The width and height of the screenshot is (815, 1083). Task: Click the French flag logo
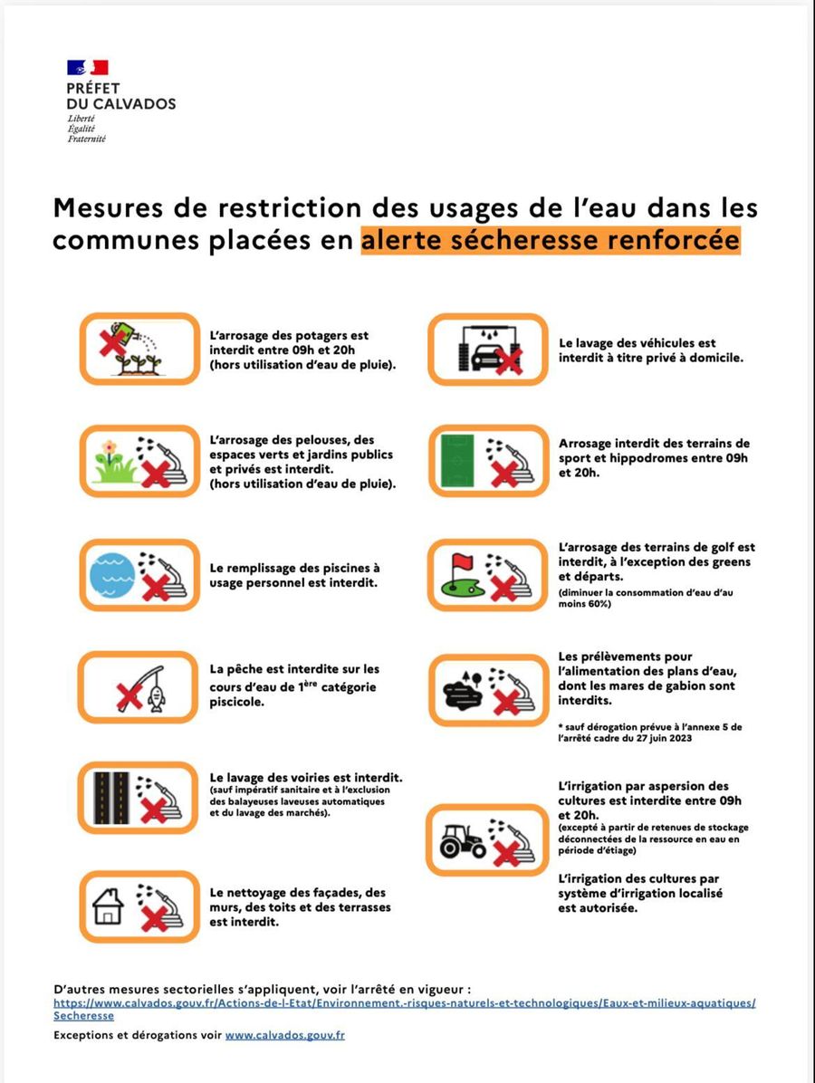(x=88, y=67)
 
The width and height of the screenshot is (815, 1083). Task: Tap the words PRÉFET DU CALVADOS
(x=120, y=96)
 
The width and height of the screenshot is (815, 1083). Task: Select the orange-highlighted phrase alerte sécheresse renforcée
(x=551, y=240)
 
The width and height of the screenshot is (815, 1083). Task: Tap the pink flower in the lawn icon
(x=110, y=448)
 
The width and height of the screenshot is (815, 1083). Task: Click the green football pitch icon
(x=457, y=461)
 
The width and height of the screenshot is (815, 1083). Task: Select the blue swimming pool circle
(x=112, y=575)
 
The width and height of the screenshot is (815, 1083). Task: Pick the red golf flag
(x=460, y=561)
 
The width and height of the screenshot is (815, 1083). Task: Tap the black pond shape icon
(x=461, y=694)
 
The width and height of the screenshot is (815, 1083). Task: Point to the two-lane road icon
(x=112, y=798)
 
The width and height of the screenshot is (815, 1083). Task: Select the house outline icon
(x=108, y=906)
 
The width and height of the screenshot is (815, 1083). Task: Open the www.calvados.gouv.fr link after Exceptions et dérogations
(x=285, y=1035)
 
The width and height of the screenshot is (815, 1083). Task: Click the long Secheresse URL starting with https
(x=405, y=1009)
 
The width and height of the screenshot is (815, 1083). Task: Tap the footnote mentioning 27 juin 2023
(x=650, y=733)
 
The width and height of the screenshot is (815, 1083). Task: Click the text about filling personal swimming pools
(x=295, y=575)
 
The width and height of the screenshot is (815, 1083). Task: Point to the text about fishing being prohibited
(x=294, y=685)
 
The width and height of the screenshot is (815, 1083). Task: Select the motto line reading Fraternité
(x=86, y=139)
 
